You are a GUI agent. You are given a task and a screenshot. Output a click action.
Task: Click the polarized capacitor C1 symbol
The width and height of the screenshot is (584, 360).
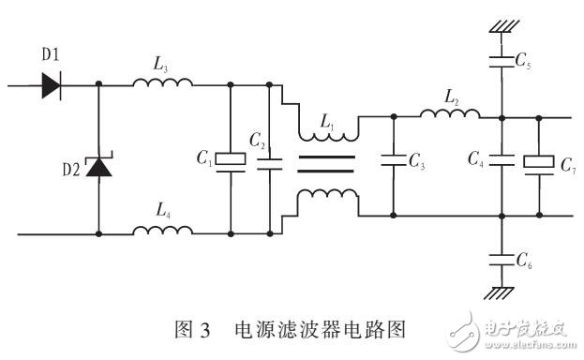click(x=230, y=160)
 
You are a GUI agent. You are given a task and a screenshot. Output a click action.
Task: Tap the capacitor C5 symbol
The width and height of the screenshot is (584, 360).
click(x=502, y=65)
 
